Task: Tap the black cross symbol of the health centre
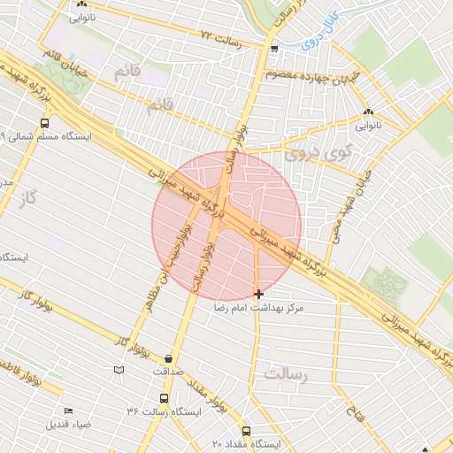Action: pyautogui.click(x=258, y=293)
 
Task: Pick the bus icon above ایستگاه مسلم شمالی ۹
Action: pyautogui.click(x=44, y=124)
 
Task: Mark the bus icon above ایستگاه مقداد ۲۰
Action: pyautogui.click(x=246, y=430)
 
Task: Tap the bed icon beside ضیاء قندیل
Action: pyautogui.click(x=68, y=411)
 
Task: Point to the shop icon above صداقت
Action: pyautogui.click(x=168, y=358)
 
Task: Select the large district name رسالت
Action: pyautogui.click(x=284, y=375)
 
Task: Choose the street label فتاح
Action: pyautogui.click(x=351, y=413)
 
